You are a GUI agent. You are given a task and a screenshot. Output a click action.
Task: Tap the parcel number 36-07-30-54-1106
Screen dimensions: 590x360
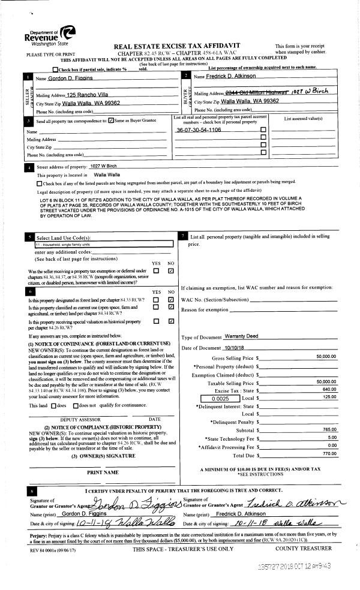[x=199, y=130]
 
